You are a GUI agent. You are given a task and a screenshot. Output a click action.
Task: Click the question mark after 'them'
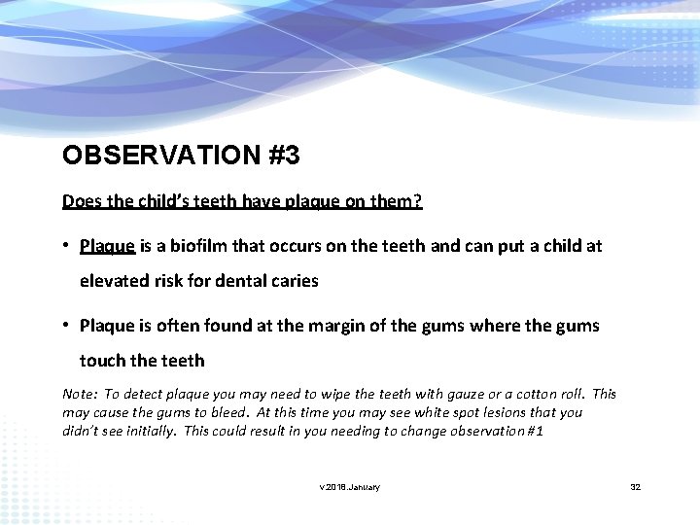click(x=419, y=201)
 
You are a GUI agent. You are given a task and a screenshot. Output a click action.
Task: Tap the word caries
click(x=294, y=281)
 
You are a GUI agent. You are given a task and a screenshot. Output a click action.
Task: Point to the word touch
click(x=103, y=361)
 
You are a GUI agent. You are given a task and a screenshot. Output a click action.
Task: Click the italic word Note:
click(x=80, y=394)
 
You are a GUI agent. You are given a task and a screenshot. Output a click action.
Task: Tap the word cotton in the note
click(x=537, y=394)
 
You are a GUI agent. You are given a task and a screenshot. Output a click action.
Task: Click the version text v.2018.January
click(x=350, y=487)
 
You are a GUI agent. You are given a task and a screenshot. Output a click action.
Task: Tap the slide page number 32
click(x=636, y=487)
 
